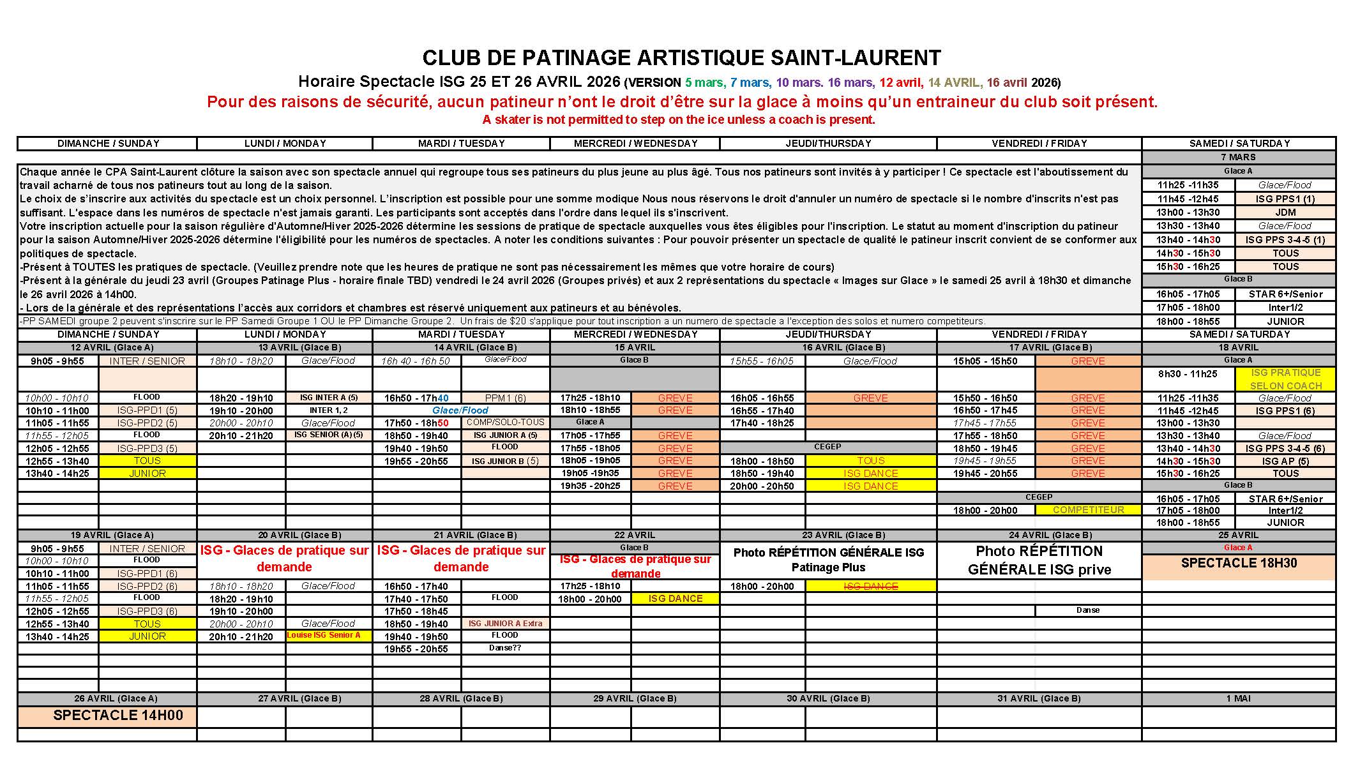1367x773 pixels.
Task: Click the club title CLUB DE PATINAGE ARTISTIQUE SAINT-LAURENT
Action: pyautogui.click(x=681, y=58)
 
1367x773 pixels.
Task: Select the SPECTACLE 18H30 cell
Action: pyautogui.click(x=1238, y=563)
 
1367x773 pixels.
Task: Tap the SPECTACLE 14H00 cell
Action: pyautogui.click(x=118, y=716)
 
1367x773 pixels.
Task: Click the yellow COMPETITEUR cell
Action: pyautogui.click(x=1088, y=510)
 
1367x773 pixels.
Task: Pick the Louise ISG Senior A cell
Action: pyautogui.click(x=328, y=636)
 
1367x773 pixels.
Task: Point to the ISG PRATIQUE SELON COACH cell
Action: pyautogui.click(x=1285, y=379)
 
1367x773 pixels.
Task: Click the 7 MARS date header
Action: pyautogui.click(x=1238, y=157)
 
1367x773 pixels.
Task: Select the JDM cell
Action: pyautogui.click(x=1285, y=213)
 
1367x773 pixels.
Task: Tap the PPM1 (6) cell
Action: pyautogui.click(x=505, y=398)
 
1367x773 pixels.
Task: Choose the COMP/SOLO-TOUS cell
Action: pyautogui.click(x=505, y=422)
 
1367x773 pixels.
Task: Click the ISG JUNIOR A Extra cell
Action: pyautogui.click(x=505, y=624)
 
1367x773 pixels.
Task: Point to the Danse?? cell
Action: pyautogui.click(x=505, y=648)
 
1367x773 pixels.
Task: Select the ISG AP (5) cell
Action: pyautogui.click(x=1285, y=461)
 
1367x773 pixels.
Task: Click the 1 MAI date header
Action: pyautogui.click(x=1238, y=698)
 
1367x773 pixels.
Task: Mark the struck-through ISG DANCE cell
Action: pyautogui.click(x=871, y=586)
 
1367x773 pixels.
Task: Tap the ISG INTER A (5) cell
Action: pyautogui.click(x=328, y=398)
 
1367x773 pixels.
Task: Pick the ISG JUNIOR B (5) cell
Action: pyautogui.click(x=505, y=461)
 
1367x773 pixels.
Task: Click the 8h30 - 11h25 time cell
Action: pyautogui.click(x=1188, y=374)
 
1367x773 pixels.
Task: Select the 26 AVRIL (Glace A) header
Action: pyautogui.click(x=107, y=698)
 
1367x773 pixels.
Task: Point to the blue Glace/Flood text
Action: pyautogui.click(x=460, y=410)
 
